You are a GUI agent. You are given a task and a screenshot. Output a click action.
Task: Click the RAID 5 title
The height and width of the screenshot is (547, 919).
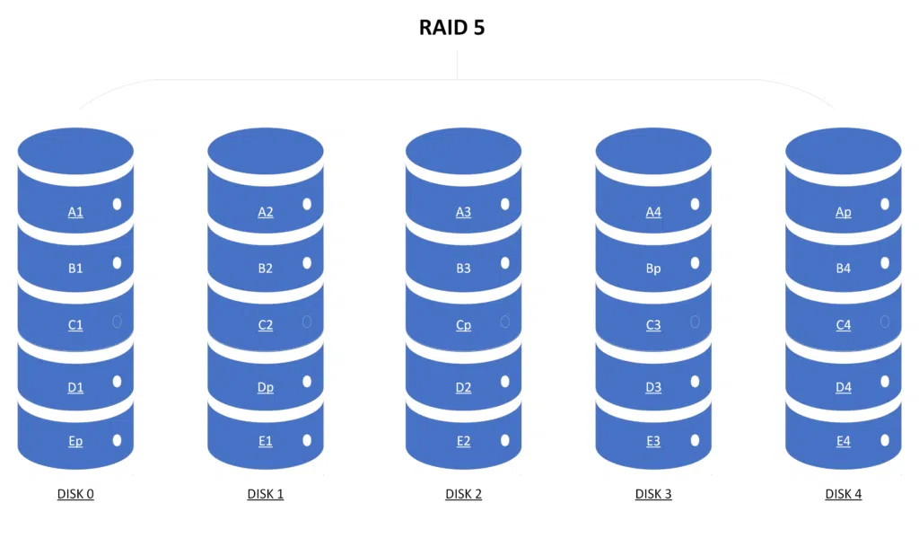click(x=452, y=27)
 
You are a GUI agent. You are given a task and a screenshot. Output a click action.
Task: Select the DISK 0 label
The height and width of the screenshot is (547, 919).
click(x=75, y=494)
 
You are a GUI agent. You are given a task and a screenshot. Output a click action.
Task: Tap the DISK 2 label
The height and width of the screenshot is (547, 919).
click(x=463, y=494)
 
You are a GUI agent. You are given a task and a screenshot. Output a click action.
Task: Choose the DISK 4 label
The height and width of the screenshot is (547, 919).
click(x=843, y=494)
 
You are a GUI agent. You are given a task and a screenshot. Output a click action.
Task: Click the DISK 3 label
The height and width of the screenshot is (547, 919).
click(x=653, y=494)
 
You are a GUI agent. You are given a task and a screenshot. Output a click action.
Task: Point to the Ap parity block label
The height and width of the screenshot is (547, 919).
click(x=843, y=213)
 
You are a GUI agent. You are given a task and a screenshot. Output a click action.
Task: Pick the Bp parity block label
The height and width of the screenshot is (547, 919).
click(x=653, y=269)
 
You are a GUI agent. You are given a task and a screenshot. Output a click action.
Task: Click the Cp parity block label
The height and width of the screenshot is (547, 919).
click(x=463, y=326)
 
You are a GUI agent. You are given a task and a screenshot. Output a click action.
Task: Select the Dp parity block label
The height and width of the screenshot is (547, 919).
click(x=266, y=388)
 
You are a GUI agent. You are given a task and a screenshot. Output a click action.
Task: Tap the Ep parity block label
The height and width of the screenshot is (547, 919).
click(x=75, y=441)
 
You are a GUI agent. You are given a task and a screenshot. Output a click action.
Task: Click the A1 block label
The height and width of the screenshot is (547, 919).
click(x=75, y=213)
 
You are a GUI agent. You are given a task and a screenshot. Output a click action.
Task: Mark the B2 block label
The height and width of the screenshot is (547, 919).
click(x=266, y=269)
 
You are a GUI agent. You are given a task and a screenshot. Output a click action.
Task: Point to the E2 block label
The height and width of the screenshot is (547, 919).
click(x=463, y=441)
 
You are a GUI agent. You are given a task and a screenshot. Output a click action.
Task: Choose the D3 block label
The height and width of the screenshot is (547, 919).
click(x=653, y=388)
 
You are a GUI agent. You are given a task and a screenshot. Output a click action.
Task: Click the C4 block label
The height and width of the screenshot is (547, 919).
click(x=843, y=326)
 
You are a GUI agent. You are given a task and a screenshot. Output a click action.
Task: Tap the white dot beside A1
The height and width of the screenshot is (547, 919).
click(x=117, y=205)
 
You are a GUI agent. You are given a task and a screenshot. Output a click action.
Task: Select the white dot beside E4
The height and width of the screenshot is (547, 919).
click(x=885, y=441)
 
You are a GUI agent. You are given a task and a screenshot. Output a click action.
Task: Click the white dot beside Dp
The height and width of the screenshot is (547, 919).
click(x=307, y=383)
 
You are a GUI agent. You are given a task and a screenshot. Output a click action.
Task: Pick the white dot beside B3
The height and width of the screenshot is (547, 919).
click(x=504, y=263)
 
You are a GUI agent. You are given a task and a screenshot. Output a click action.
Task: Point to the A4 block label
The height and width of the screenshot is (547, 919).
click(x=653, y=213)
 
